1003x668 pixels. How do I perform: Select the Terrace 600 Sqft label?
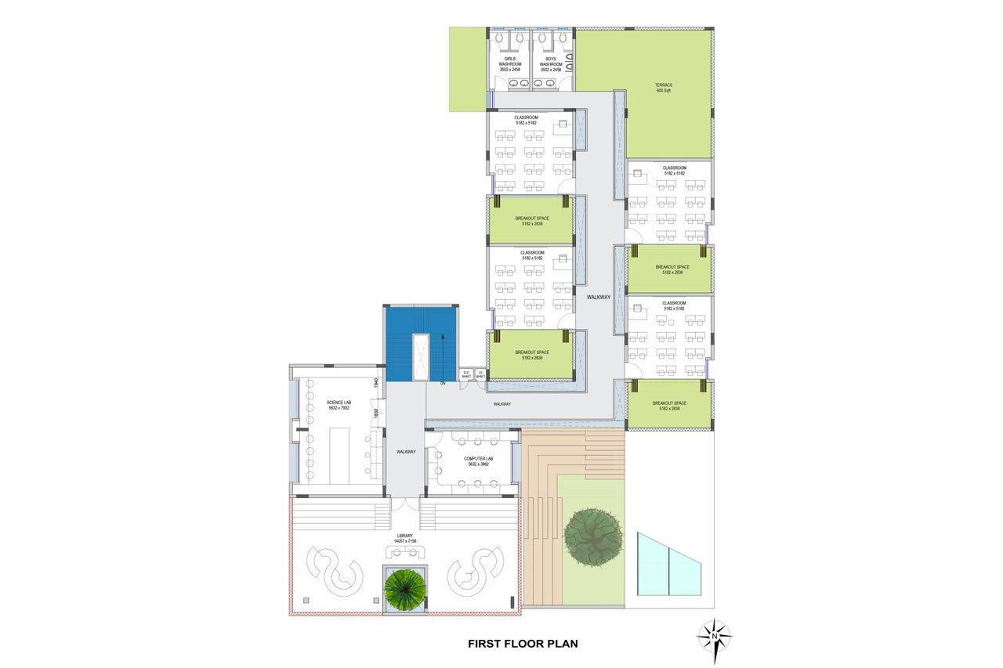tap(664, 88)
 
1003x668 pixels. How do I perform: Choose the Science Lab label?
tap(339, 404)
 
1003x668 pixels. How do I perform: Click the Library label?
tap(404, 538)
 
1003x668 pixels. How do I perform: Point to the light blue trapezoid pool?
tap(668, 565)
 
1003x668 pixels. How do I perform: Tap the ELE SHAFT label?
tap(465, 374)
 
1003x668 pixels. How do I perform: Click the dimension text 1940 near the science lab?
tap(376, 383)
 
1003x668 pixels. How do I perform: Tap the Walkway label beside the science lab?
tap(405, 452)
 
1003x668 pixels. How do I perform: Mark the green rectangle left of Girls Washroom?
tap(467, 69)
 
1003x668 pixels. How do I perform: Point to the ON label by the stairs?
tap(443, 384)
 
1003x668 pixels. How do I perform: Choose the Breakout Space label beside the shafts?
tap(532, 355)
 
